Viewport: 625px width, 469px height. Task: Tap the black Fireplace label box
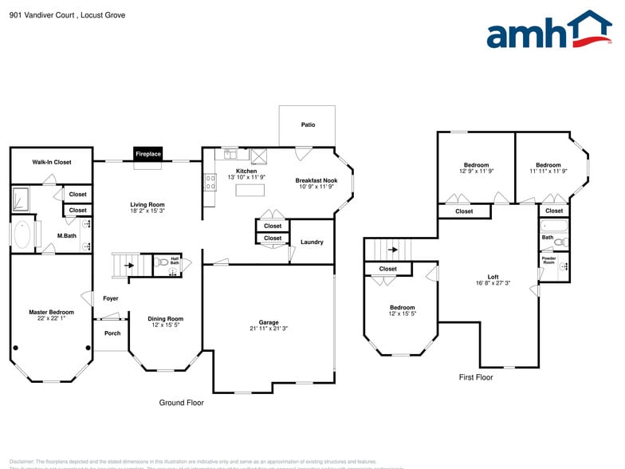point(147,154)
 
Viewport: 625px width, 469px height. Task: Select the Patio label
point(308,125)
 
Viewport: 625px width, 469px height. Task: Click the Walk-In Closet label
point(52,162)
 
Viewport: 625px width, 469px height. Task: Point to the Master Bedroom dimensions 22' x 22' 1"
point(51,319)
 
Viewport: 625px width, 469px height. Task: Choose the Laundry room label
point(312,242)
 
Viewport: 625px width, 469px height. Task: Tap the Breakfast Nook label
point(316,180)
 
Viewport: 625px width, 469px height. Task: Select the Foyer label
point(111,298)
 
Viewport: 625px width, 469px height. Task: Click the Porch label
point(112,333)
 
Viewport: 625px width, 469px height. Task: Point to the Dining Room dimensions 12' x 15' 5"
point(166,325)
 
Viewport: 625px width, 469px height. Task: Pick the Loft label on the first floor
point(493,276)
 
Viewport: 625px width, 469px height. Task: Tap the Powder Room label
point(549,260)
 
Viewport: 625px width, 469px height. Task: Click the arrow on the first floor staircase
point(392,249)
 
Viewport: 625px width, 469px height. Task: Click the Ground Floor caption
point(182,403)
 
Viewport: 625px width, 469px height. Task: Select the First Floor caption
point(476,377)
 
